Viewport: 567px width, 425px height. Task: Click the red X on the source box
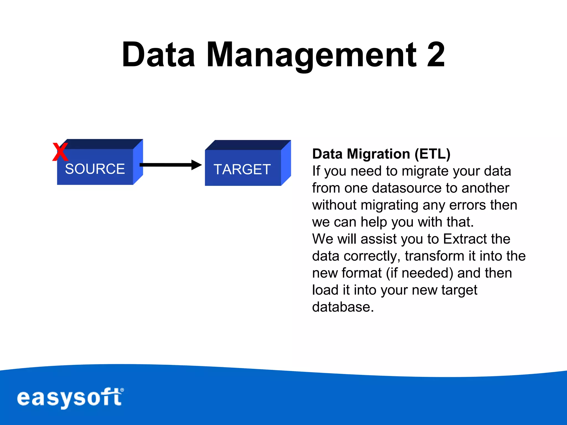click(x=60, y=152)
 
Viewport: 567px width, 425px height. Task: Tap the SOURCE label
click(x=95, y=169)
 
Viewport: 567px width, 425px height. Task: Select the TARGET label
click(x=242, y=169)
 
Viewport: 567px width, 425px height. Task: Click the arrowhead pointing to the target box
click(x=197, y=165)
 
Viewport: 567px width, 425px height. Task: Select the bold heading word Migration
click(x=378, y=154)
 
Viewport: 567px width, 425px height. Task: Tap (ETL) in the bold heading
click(x=432, y=154)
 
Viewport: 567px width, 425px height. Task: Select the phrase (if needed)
click(x=419, y=273)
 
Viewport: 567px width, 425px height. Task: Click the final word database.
click(x=343, y=307)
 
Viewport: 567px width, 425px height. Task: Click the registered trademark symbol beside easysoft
click(x=122, y=390)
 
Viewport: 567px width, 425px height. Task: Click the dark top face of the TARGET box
click(x=248, y=145)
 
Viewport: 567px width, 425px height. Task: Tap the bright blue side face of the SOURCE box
click(x=138, y=162)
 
